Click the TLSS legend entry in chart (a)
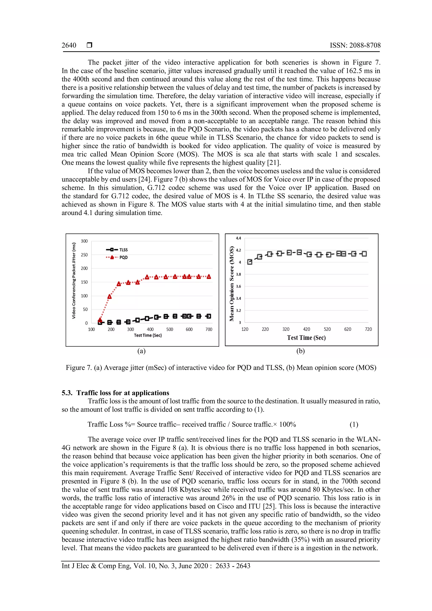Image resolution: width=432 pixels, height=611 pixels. [x=117, y=250]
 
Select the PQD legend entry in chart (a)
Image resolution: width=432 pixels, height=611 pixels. [x=117, y=257]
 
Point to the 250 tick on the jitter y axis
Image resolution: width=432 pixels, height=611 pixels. [x=84, y=255]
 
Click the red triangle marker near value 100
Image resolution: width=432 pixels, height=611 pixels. [x=109, y=296]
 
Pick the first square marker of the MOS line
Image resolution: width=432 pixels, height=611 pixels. [x=250, y=262]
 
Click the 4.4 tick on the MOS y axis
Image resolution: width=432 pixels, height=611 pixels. [x=238, y=238]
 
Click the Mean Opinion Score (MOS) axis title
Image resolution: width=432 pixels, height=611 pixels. [x=232, y=284]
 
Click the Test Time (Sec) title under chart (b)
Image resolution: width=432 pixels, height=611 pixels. [x=306, y=338]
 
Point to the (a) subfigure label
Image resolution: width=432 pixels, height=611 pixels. [x=141, y=351]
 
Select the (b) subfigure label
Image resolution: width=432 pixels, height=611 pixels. [x=300, y=351]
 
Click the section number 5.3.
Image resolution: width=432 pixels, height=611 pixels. [x=67, y=393]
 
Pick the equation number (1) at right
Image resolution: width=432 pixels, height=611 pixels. [x=354, y=424]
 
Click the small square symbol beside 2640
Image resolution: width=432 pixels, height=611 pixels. [x=89, y=45]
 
